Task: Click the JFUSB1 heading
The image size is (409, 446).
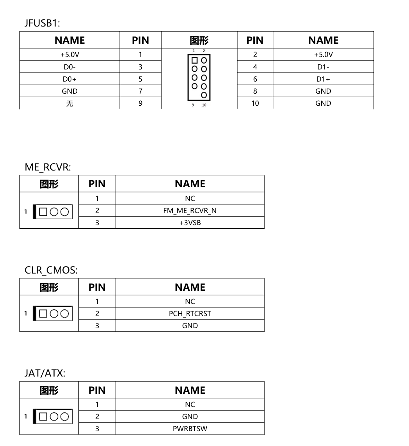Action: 42,23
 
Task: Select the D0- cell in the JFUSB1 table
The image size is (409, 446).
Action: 69,67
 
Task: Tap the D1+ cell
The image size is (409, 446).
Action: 323,79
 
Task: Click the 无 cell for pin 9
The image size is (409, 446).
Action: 69,103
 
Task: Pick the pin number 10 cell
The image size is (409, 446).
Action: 255,103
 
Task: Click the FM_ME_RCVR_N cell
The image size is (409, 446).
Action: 190,211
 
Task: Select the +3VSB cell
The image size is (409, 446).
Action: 190,223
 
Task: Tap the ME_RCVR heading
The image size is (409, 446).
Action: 48,167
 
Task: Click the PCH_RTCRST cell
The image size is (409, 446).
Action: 190,314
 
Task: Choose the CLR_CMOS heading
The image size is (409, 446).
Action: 51,270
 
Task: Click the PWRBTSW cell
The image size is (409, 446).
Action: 190,429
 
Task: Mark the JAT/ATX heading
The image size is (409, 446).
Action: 45,373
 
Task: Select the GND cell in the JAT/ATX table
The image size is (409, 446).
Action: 190,417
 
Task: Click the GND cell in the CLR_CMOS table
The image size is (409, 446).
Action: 190,326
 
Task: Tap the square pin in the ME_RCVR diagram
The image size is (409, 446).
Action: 43,211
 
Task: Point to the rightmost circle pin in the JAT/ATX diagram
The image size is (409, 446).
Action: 64,416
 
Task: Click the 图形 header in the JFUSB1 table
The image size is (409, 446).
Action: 199,40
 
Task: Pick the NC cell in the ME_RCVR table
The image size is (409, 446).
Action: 190,198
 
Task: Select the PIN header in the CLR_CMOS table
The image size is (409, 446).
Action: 97,287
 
